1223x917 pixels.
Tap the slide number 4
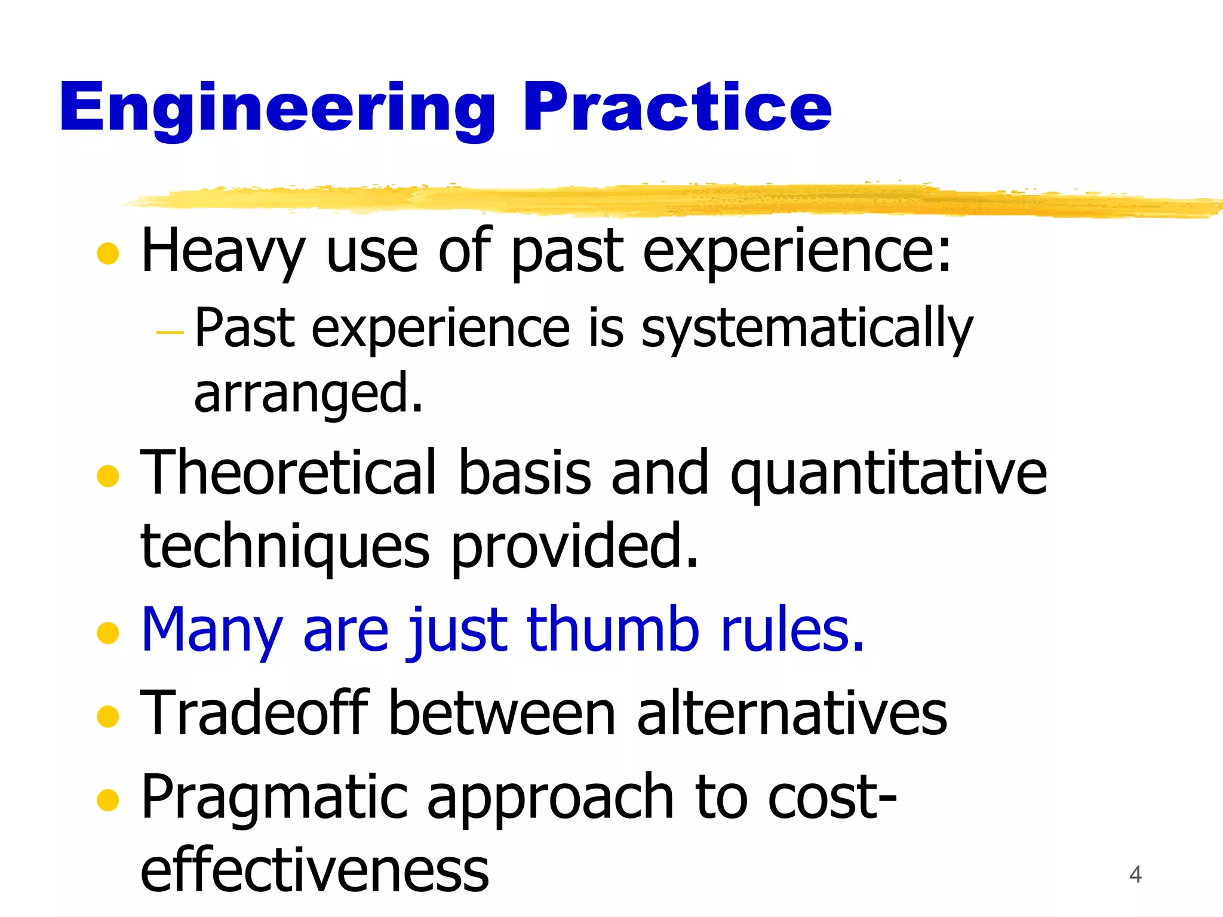(x=1135, y=875)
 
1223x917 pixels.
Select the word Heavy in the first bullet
(x=223, y=251)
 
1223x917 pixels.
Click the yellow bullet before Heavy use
(x=108, y=253)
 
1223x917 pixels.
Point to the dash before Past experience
(x=169, y=331)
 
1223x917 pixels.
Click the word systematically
(x=807, y=328)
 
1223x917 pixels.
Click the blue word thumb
(x=613, y=629)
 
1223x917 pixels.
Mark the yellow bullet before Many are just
(x=108, y=633)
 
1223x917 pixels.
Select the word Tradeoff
(x=254, y=713)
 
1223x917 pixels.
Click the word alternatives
(x=792, y=714)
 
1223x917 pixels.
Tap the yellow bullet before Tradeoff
(x=108, y=716)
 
